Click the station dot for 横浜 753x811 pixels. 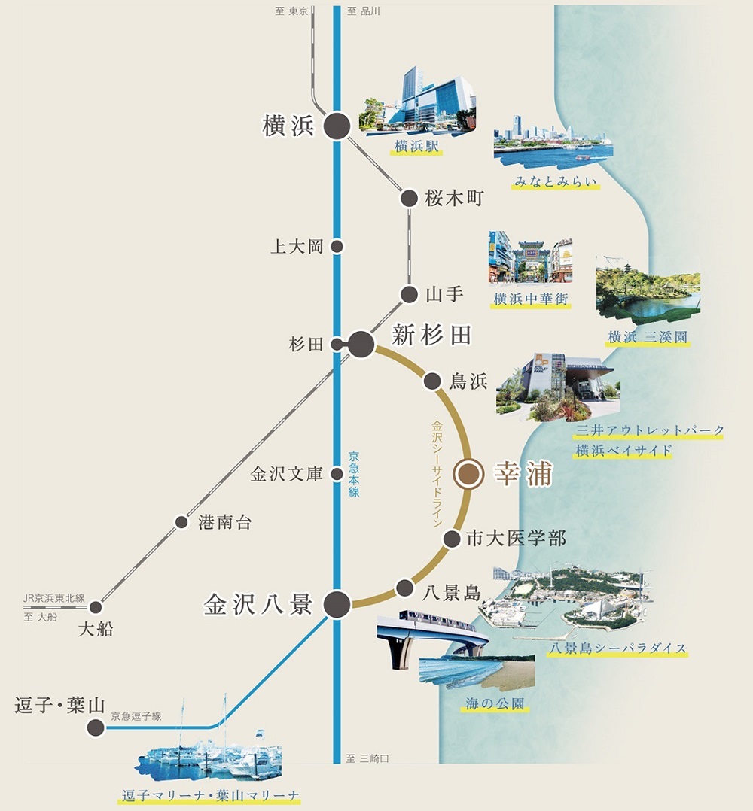pos(337,126)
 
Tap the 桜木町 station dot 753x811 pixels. pos(409,198)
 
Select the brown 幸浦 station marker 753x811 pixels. pos(468,474)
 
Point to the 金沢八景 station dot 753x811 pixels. pos(337,603)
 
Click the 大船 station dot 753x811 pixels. pos(96,607)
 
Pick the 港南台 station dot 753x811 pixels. pos(181,521)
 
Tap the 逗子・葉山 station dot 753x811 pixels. pos(96,727)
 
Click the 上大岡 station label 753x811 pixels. pos(297,246)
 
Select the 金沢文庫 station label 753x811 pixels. pos(286,474)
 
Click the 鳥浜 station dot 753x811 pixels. pos(433,380)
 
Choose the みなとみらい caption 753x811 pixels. pos(556,181)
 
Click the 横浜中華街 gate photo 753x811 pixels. pos(530,257)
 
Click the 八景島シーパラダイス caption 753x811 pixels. pos(617,648)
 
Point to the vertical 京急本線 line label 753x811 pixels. pos(353,474)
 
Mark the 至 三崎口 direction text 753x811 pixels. pos(367,758)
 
